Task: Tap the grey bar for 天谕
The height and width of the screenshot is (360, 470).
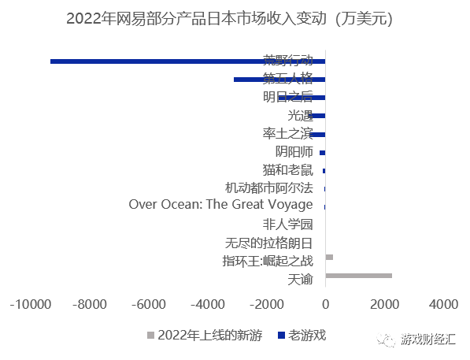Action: [x=358, y=275]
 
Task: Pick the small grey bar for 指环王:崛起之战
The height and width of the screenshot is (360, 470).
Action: [x=329, y=257]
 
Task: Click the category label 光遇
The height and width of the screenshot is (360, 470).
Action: [x=300, y=115]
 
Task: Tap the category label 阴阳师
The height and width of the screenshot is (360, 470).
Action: [x=294, y=151]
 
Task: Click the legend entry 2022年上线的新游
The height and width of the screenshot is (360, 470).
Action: [x=209, y=335]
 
